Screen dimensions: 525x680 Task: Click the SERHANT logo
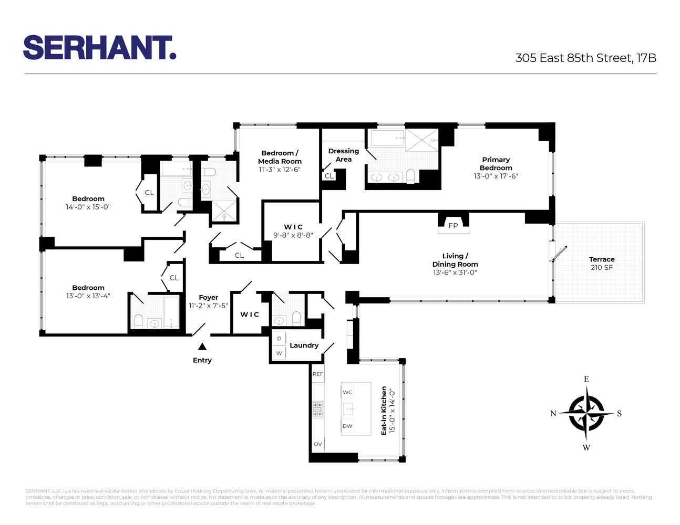pos(99,48)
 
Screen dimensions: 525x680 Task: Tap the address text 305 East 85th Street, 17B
pos(585,58)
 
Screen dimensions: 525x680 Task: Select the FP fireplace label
pos(453,226)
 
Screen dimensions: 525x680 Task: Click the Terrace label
pos(602,259)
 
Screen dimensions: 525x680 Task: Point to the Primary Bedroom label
pos(496,164)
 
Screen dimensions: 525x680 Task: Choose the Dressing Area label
pos(344,155)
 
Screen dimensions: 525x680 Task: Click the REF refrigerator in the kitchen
pos(318,374)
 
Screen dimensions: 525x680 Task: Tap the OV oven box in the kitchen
pos(318,444)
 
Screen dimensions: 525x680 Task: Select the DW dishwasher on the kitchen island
pos(347,426)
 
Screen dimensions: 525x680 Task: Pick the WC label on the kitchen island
pos(347,392)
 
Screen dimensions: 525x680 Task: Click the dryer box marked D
pos(279,339)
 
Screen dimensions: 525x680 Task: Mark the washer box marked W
pos(279,353)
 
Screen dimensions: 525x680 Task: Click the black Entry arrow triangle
pos(202,346)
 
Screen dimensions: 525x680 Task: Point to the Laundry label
pos(304,345)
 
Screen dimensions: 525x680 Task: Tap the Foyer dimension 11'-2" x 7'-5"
pos(209,306)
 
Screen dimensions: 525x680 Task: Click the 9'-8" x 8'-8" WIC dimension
pos(293,235)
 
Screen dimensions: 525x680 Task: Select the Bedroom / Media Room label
pos(280,157)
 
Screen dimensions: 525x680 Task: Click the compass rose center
pos(586,413)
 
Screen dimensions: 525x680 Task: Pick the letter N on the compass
pos(553,414)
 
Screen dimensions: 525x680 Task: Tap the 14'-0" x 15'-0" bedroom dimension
pos(88,207)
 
